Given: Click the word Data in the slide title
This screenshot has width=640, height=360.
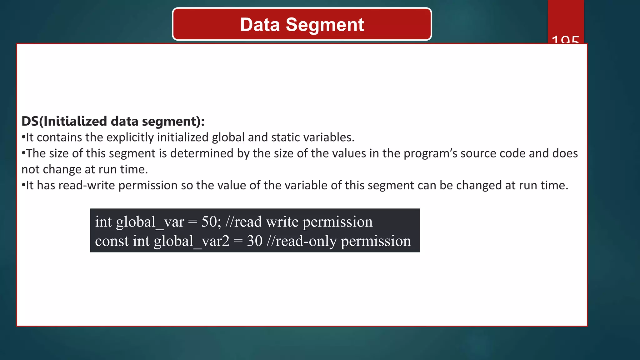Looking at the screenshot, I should (260, 25).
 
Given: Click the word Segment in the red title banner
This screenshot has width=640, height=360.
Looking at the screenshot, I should (325, 25).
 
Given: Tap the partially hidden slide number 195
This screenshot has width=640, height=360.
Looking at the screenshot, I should (565, 40).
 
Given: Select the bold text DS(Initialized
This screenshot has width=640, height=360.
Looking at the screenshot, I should (64, 121).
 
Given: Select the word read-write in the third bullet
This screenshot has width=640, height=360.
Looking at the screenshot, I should (87, 186).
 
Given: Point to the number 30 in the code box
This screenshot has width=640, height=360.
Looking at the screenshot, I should (255, 241).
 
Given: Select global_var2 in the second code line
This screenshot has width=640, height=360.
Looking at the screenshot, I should (192, 241).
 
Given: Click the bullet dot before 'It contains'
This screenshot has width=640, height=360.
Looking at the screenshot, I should (23, 137).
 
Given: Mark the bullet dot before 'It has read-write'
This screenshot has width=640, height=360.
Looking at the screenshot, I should (23, 186).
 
